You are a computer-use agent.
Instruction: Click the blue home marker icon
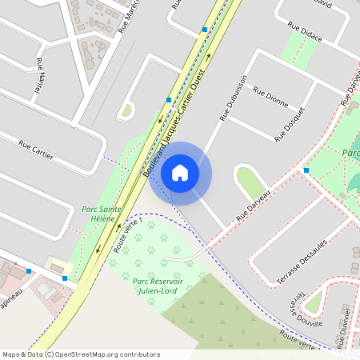tap(180, 173)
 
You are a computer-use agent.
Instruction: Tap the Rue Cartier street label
tap(36, 150)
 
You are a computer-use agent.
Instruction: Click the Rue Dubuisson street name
tap(234, 98)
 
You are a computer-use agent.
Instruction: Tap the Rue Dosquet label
tap(290, 124)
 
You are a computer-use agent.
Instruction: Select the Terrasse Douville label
tap(307, 308)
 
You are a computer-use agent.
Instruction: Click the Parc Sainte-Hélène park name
tap(102, 214)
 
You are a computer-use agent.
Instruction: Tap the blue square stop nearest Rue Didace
tap(205, 30)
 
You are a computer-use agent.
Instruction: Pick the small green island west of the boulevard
tap(126, 110)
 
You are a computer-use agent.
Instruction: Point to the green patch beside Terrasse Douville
tap(313, 301)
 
